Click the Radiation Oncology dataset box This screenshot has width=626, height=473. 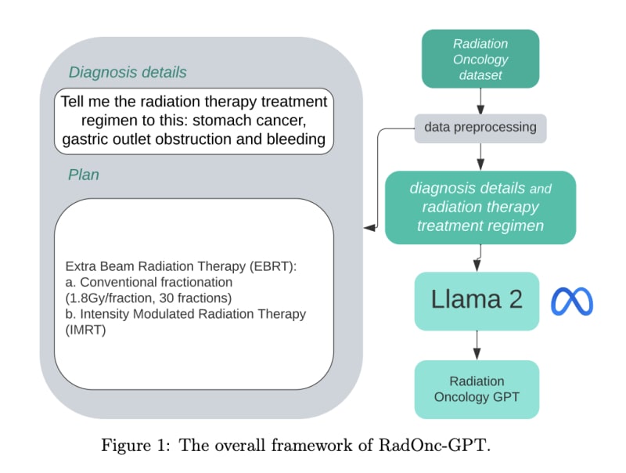pyautogui.click(x=480, y=59)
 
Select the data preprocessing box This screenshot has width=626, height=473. pyautogui.click(x=480, y=127)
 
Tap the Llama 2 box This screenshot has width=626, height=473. pyautogui.click(x=477, y=301)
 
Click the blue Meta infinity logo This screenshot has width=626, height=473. pyautogui.click(x=572, y=301)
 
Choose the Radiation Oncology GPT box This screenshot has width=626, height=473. pyautogui.click(x=477, y=388)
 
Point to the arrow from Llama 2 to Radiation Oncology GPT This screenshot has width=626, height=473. pyautogui.click(x=477, y=345)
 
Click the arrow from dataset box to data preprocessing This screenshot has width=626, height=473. pyautogui.click(x=480, y=99)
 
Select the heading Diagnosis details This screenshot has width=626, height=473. pyautogui.click(x=128, y=73)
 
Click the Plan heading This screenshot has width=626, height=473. pyautogui.click(x=84, y=175)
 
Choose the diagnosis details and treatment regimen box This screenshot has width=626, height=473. pyautogui.click(x=480, y=208)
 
